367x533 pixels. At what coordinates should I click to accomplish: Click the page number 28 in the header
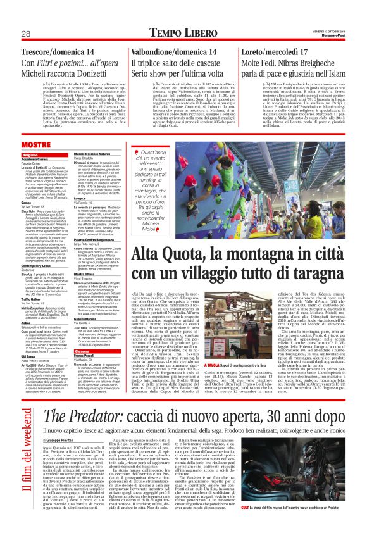coord(27,34)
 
